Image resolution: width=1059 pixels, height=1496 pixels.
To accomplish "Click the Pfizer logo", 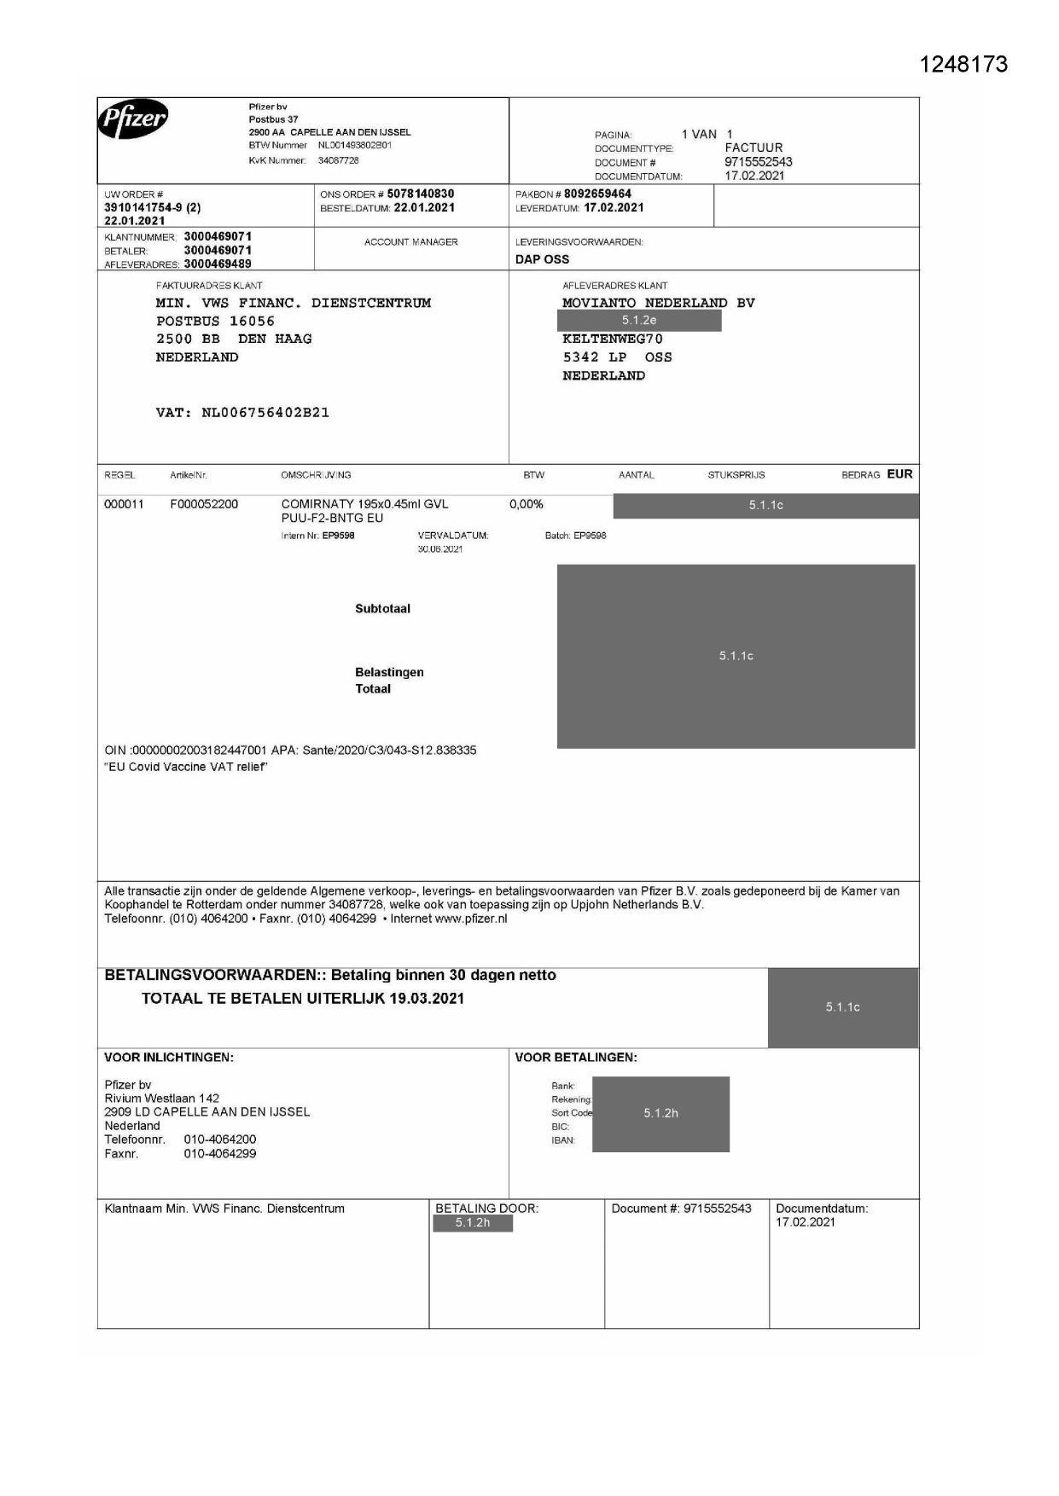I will (133, 120).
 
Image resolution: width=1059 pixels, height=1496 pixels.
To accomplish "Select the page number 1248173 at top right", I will (963, 65).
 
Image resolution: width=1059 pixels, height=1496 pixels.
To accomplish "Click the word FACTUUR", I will (754, 148).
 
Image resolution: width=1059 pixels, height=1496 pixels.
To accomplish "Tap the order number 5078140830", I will (421, 194).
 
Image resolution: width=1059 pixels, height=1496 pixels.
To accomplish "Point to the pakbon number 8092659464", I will (597, 194).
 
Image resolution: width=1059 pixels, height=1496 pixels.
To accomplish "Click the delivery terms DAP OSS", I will (542, 259).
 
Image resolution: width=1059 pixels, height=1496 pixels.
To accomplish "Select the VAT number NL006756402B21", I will (265, 413).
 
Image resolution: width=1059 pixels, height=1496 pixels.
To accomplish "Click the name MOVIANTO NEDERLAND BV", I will (658, 303).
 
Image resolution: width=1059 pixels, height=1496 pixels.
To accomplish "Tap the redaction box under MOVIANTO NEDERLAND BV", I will (638, 321).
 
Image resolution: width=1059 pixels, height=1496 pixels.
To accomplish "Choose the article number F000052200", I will (204, 504).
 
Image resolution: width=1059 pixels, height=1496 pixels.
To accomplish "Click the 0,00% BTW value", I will (527, 504).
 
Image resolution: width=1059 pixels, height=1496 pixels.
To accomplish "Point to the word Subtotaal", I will (382, 609).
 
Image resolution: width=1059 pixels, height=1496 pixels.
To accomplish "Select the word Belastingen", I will (389, 672).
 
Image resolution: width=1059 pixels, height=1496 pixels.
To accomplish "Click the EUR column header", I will (899, 474).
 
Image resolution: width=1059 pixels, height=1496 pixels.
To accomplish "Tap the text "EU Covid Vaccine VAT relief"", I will (186, 767).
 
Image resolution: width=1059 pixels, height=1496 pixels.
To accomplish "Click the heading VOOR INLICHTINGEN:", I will (169, 1058).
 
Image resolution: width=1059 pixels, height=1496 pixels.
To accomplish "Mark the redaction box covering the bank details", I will (660, 1114).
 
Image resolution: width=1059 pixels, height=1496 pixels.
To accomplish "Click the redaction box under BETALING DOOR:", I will (472, 1223).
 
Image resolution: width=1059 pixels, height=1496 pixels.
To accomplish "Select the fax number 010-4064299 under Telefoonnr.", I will (220, 1154).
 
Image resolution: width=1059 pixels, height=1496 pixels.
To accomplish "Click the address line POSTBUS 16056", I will (215, 321).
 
